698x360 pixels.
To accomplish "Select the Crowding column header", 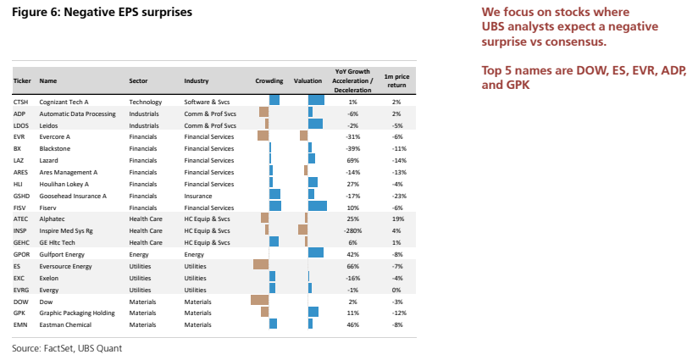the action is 269,81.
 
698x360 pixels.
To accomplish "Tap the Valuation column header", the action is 307,81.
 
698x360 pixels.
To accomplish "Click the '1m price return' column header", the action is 396,80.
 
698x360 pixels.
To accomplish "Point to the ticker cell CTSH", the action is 20,102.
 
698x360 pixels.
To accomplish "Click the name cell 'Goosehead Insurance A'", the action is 73,196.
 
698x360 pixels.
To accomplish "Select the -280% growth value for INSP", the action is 352,231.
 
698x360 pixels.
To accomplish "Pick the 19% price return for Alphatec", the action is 397,219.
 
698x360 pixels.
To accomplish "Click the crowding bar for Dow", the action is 259,300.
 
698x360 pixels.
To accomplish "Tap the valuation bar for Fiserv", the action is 318,206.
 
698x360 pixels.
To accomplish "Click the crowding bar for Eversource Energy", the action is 261,264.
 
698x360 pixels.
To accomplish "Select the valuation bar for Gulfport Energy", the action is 316,252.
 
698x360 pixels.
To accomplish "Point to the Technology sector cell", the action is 146,102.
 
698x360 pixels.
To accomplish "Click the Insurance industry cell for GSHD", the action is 198,196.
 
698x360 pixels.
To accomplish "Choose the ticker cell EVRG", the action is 21,290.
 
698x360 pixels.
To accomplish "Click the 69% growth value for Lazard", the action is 352,160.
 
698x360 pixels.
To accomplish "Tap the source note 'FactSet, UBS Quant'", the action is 83,348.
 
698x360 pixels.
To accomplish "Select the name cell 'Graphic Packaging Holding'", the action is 77,313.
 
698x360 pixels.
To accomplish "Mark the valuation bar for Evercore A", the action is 303,136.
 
